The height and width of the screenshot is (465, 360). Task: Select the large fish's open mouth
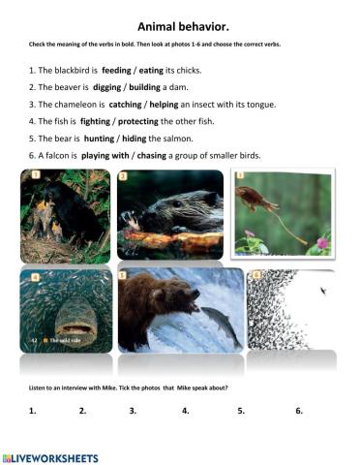click(64, 320)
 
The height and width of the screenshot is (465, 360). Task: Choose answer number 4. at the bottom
click(185, 410)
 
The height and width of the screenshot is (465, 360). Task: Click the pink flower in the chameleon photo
click(320, 241)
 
